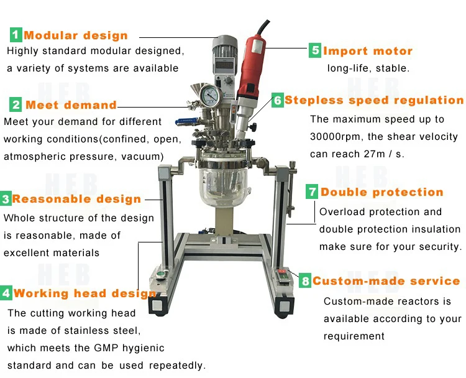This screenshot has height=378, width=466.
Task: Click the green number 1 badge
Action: click(x=16, y=34)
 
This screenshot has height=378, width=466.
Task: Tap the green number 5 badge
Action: click(x=315, y=50)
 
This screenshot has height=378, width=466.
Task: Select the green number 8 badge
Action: click(x=305, y=280)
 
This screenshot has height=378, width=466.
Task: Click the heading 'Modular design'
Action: click(x=76, y=35)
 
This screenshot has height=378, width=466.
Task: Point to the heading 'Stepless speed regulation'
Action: click(x=374, y=100)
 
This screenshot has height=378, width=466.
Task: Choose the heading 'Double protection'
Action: click(x=382, y=192)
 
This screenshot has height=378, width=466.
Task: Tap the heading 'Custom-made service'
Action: click(x=386, y=281)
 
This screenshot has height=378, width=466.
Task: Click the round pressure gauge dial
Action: click(x=210, y=96)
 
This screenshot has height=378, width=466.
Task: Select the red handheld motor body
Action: click(x=252, y=68)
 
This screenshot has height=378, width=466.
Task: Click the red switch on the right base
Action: click(x=281, y=271)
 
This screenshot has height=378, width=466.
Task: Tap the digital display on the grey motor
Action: click(x=224, y=65)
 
